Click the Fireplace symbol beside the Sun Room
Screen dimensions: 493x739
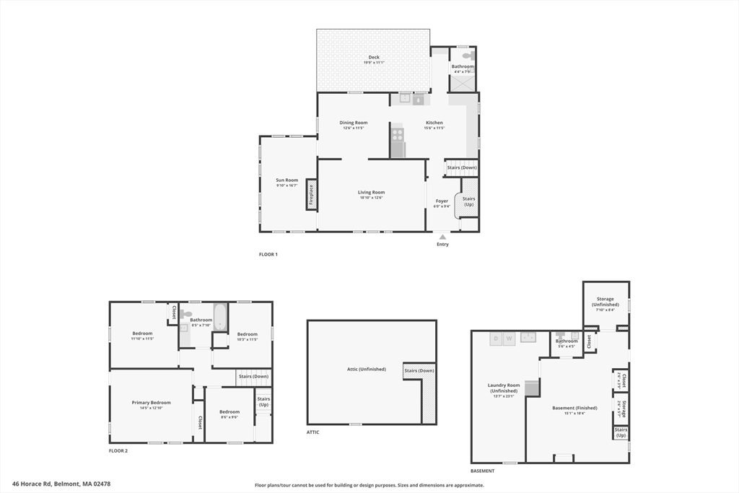(312, 195)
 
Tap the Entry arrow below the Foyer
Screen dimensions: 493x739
(442, 237)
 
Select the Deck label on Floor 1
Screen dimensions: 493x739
(374, 58)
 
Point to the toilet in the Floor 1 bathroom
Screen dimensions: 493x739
(467, 54)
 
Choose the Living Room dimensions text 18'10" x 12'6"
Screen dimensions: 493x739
(372, 198)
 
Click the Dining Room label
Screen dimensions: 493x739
(354, 123)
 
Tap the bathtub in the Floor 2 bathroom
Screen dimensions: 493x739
(219, 317)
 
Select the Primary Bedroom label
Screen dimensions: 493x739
(152, 403)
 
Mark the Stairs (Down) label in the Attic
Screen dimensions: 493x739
(419, 370)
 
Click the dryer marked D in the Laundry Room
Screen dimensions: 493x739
(497, 338)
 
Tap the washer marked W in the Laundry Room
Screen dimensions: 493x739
(510, 338)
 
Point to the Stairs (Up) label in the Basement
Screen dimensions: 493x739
(621, 432)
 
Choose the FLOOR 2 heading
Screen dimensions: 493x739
(118, 450)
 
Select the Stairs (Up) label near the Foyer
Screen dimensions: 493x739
(469, 201)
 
